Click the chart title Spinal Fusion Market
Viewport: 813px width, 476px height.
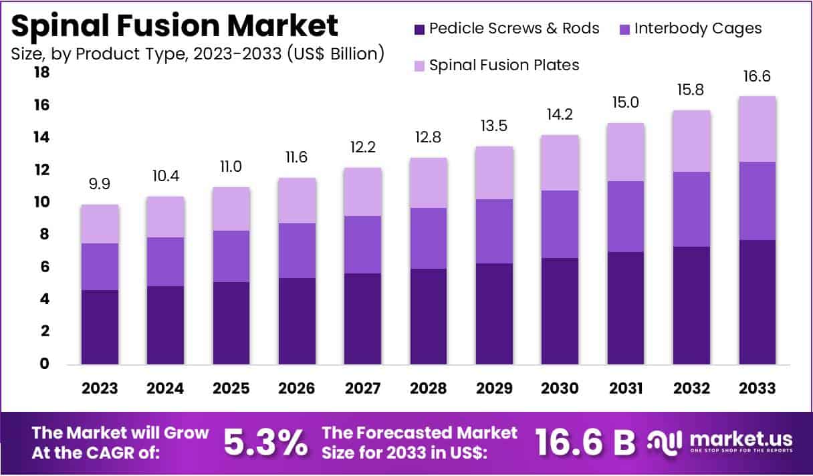175,25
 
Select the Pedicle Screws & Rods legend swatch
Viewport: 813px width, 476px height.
419,29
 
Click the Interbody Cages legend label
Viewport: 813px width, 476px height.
698,29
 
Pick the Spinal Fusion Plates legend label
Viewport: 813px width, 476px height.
504,65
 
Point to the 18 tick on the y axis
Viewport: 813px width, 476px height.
41,72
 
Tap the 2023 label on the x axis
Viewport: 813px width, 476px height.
100,388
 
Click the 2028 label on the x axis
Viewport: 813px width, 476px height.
429,388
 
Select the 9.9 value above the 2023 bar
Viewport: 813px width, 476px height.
100,183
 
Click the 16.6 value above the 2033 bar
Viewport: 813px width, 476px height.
757,78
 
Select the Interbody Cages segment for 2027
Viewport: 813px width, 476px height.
363,245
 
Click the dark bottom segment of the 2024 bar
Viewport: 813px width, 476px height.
166,326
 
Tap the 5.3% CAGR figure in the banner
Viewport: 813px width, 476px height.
265,443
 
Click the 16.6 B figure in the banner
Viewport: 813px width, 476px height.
585,443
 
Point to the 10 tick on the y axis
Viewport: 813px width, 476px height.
41,202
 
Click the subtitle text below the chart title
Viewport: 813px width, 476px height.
197,53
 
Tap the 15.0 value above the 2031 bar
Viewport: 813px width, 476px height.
626,102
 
